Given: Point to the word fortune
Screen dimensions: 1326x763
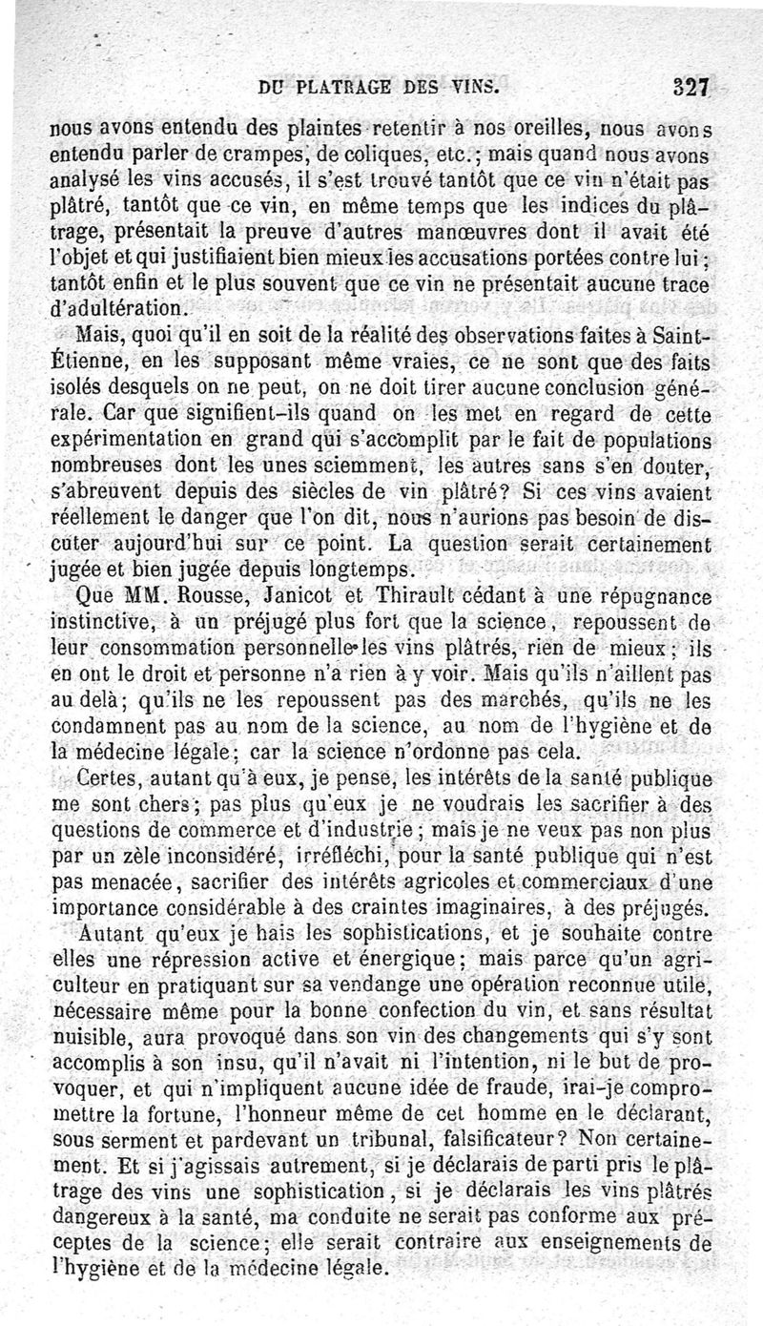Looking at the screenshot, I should pos(195,1112).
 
